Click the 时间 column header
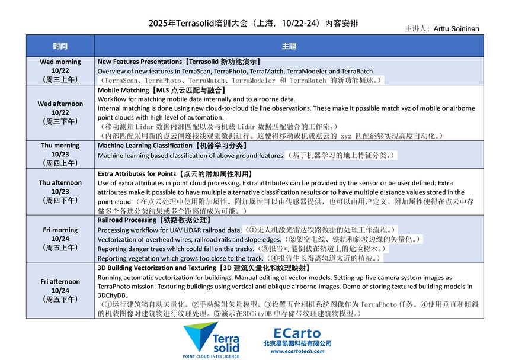click(60, 46)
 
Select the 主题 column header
click(289, 46)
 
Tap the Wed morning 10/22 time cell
click(60, 70)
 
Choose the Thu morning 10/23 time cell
click(60, 154)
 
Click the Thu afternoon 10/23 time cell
click(60, 191)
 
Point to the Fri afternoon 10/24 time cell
click(60, 290)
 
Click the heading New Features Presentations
click(179, 62)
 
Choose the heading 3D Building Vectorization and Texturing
click(197, 268)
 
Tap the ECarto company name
click(297, 333)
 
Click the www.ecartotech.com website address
click(297, 351)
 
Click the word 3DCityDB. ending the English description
click(112, 295)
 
